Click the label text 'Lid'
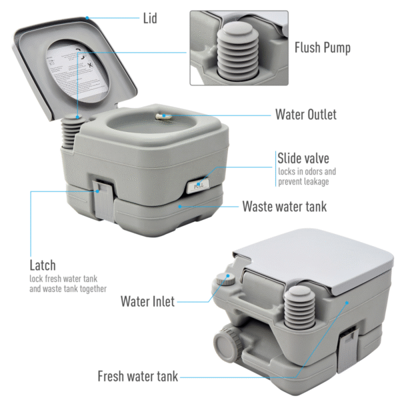[150, 18]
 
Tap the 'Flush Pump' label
[323, 48]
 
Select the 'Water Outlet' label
[305, 114]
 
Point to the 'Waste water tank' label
[284, 207]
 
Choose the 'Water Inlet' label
[147, 301]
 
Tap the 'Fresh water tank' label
[138, 377]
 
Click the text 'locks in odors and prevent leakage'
[306, 176]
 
